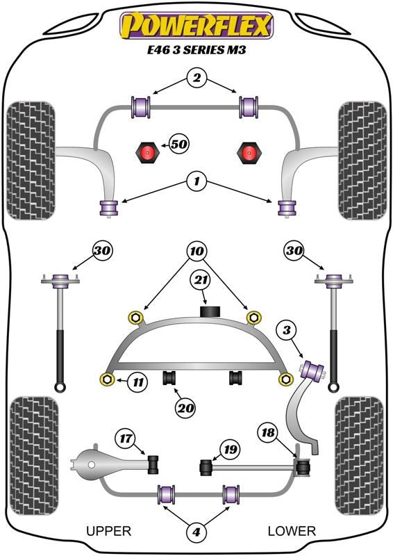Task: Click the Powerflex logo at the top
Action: [196, 26]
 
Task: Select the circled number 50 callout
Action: [178, 145]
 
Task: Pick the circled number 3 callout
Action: [287, 331]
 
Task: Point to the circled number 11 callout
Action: [138, 382]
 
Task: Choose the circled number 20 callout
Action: [185, 409]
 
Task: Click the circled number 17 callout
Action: [126, 439]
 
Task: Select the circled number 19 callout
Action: [230, 450]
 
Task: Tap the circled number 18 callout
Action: [268, 432]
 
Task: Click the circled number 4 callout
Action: [196, 532]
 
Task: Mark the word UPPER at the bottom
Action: [109, 531]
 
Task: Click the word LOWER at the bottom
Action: [292, 531]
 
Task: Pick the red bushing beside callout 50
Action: [147, 152]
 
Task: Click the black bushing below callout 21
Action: [210, 311]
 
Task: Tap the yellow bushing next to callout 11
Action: [107, 379]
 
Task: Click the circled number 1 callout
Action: [196, 182]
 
